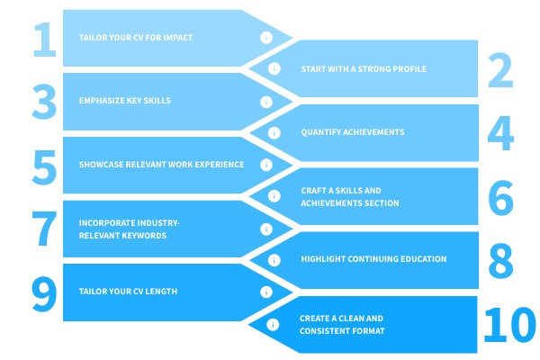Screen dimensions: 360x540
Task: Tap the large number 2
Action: [500, 68]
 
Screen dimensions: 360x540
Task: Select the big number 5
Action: [43, 165]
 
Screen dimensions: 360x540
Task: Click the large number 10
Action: [509, 324]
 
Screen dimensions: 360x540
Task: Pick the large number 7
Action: [43, 229]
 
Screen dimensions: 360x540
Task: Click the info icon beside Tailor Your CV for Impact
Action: [265, 38]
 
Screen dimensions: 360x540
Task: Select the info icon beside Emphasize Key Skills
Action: [265, 102]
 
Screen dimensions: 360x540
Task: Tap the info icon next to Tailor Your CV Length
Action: [265, 292]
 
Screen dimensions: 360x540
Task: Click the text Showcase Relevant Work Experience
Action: [161, 165]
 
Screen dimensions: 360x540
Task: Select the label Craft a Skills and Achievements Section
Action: [349, 197]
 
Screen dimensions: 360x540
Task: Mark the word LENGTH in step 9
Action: [160, 292]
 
